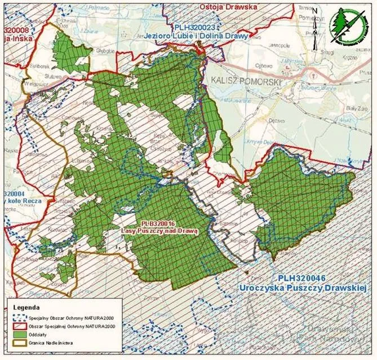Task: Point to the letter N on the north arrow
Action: click(x=316, y=10)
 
